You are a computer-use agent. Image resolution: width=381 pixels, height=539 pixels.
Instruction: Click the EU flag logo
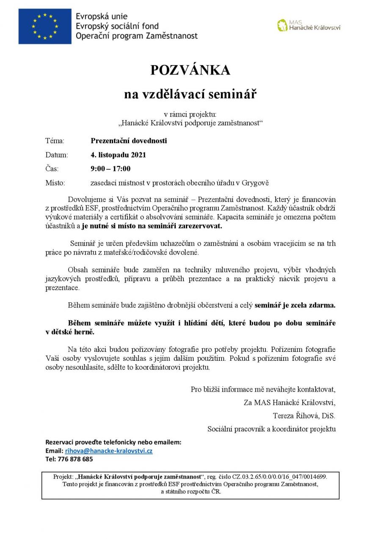(45, 26)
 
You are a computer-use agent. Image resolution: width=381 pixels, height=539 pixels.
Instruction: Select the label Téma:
(55, 141)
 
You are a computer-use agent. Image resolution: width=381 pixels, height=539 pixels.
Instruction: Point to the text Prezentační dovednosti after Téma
(129, 141)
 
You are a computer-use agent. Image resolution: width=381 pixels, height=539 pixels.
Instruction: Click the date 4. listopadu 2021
(118, 155)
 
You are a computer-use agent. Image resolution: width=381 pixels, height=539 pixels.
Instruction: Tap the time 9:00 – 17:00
(110, 169)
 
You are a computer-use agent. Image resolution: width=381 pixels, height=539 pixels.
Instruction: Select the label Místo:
(55, 183)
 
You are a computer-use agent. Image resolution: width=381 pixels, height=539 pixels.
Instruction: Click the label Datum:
(56, 155)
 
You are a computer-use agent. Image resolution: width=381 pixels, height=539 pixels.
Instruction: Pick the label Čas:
(52, 169)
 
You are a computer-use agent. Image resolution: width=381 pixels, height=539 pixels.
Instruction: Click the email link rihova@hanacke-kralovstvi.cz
(109, 451)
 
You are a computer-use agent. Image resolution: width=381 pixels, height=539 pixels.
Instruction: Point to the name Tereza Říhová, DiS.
(304, 415)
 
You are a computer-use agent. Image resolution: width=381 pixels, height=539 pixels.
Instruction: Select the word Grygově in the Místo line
(255, 183)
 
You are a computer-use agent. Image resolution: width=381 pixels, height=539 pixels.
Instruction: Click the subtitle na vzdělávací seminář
(190, 94)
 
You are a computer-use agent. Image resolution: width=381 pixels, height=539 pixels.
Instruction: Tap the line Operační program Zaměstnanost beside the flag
(137, 36)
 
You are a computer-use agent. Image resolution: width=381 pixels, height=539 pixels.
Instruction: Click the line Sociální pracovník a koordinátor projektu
(271, 429)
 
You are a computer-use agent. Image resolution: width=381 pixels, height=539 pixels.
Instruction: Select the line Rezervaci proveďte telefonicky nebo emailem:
(113, 442)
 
